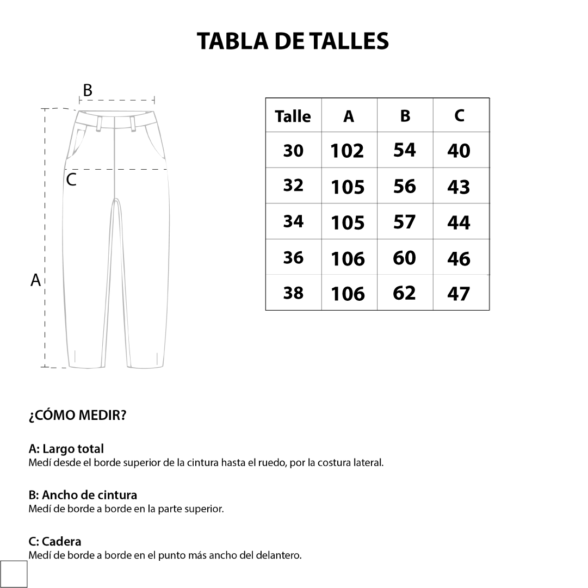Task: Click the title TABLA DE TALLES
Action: [x=293, y=41]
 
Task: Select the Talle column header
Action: [x=293, y=116]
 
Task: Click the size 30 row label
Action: [x=293, y=151]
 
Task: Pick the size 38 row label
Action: [x=293, y=293]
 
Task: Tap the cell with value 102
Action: [x=347, y=151]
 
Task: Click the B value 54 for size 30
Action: [x=405, y=150]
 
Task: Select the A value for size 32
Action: [x=348, y=187]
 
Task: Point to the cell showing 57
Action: [x=404, y=222]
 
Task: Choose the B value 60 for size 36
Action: [x=404, y=258]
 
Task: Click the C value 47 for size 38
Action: [x=459, y=294]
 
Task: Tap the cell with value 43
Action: [x=459, y=187]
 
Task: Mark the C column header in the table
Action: [x=460, y=116]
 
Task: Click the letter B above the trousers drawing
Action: [x=87, y=90]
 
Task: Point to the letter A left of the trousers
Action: [x=36, y=281]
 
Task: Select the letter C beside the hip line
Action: [x=71, y=180]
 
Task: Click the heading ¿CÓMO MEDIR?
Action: [x=77, y=416]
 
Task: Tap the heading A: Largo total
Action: [x=66, y=449]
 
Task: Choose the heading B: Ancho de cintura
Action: [x=83, y=495]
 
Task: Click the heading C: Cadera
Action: [x=55, y=542]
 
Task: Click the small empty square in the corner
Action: [x=14, y=574]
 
